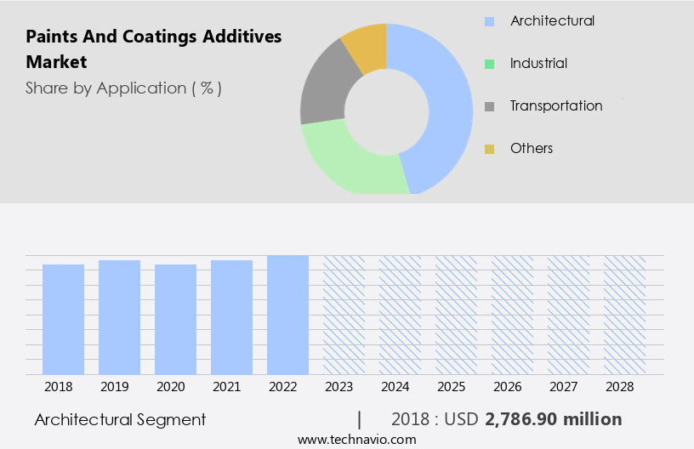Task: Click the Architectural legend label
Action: point(552,20)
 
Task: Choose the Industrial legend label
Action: point(538,63)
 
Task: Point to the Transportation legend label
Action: point(556,105)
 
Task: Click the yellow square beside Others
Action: point(489,149)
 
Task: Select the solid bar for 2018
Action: point(64,319)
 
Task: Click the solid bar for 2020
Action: point(176,319)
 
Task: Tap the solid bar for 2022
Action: point(287,315)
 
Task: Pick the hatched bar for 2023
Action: point(344,315)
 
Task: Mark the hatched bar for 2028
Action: point(624,315)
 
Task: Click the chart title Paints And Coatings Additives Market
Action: point(153,48)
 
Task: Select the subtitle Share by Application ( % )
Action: point(123,88)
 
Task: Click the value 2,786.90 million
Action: point(553,419)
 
